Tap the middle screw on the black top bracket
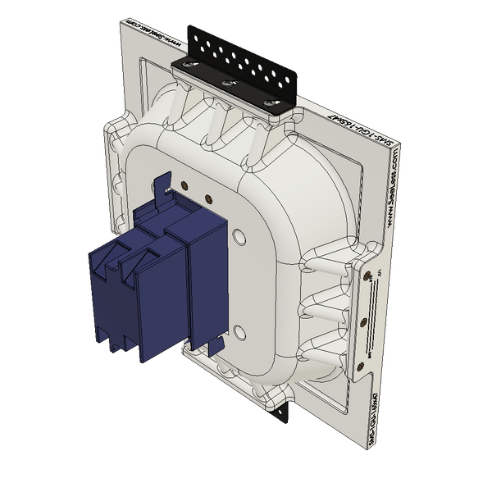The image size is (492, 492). pos(224,83)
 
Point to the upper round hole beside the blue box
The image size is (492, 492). pos(239,237)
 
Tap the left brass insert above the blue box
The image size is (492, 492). pos(186,185)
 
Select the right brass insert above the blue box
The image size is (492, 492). pos(210,198)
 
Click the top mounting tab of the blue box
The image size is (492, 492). pos(164,181)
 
